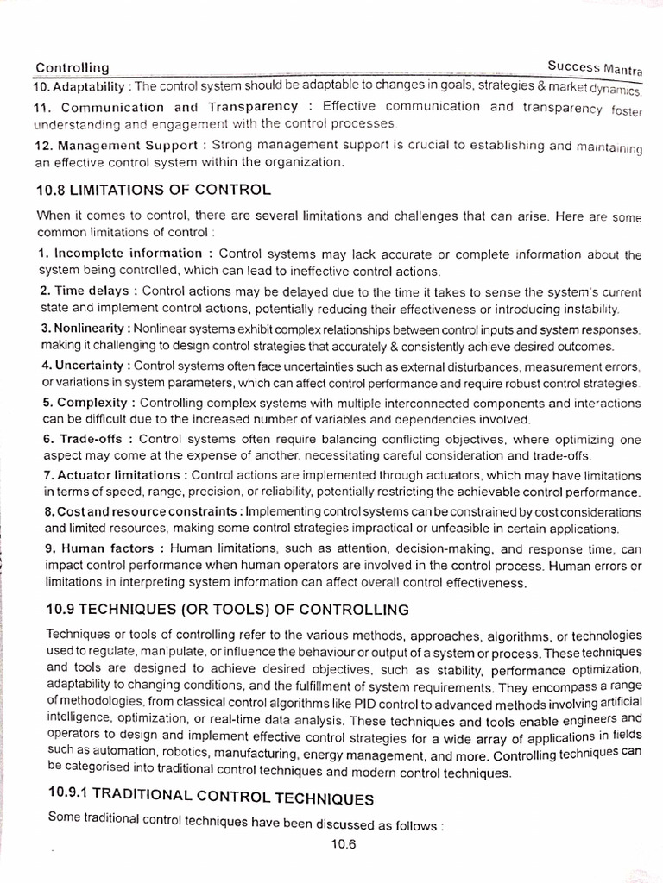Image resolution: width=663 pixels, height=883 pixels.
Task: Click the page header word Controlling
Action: click(72, 67)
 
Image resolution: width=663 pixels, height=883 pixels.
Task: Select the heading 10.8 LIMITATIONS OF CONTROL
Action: click(154, 189)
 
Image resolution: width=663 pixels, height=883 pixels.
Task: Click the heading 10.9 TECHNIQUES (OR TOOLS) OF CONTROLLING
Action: click(227, 610)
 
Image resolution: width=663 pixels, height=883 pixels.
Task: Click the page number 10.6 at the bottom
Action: click(342, 845)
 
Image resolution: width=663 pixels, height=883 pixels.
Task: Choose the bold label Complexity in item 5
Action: click(92, 403)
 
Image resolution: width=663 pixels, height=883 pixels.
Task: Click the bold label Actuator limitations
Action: click(119, 475)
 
